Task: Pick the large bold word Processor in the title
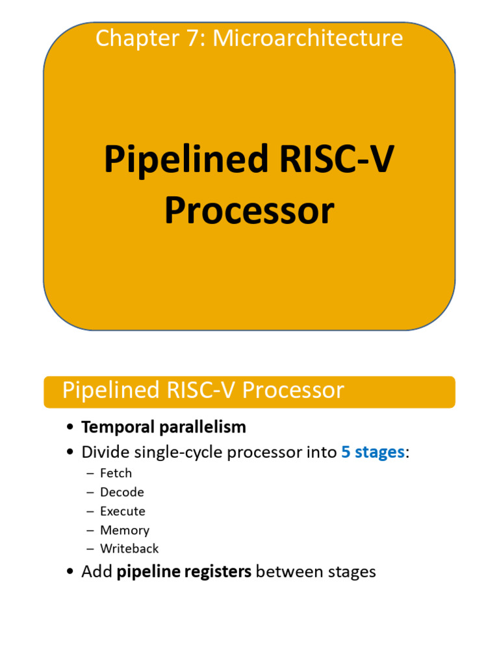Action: pyautogui.click(x=249, y=211)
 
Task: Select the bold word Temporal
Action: pyautogui.click(x=112, y=427)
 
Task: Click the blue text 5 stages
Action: pyautogui.click(x=372, y=452)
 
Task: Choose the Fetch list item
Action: pyautogui.click(x=116, y=473)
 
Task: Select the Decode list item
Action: pyautogui.click(x=122, y=492)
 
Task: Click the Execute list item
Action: pyautogui.click(x=122, y=511)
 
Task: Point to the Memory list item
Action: pyautogui.click(x=124, y=530)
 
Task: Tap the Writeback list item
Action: pyautogui.click(x=129, y=549)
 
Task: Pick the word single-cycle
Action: pyautogui.click(x=173, y=452)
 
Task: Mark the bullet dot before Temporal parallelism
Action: pyautogui.click(x=70, y=428)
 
